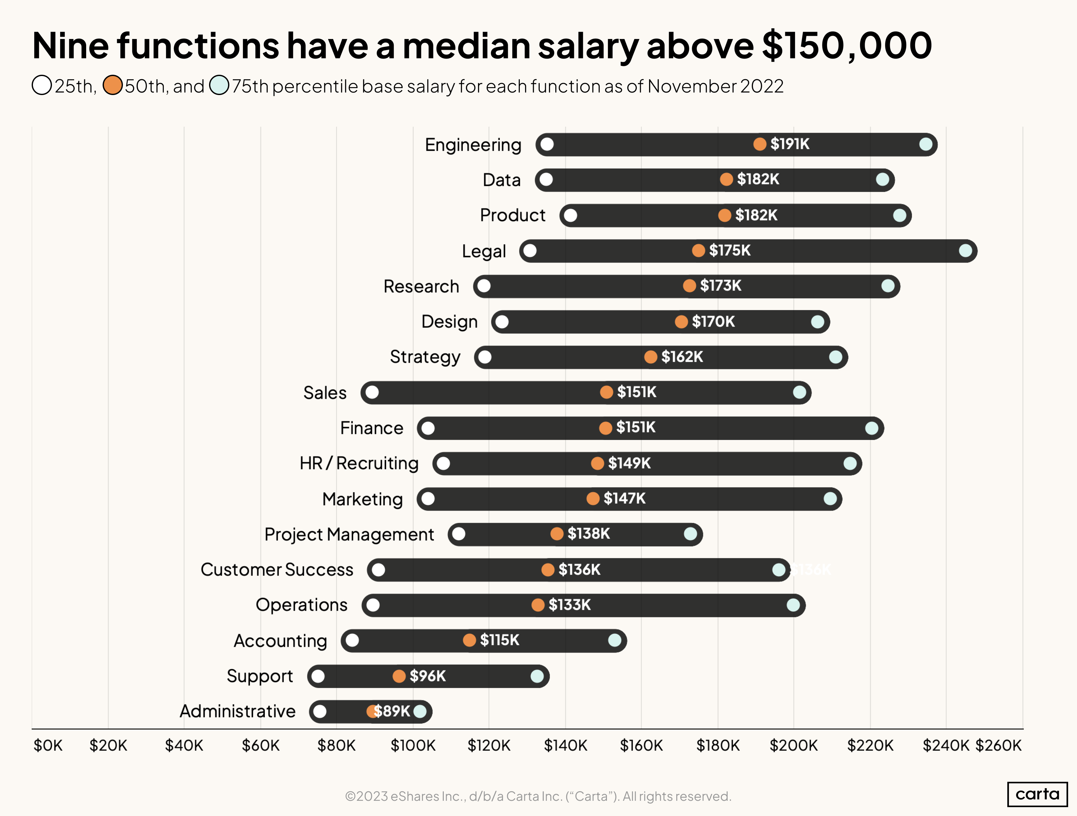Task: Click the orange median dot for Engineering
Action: [760, 144]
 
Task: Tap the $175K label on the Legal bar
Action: [730, 250]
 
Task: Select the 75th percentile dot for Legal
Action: [965, 251]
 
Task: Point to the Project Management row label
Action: [349, 534]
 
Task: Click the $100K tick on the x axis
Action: [413, 745]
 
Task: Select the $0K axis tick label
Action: [48, 745]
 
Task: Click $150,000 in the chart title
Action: [846, 45]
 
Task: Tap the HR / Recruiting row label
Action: [359, 463]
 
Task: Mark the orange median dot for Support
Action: [399, 676]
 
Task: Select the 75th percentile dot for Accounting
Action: [615, 640]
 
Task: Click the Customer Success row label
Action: [277, 570]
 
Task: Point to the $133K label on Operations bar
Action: [569, 605]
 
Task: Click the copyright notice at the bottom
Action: [538, 796]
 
